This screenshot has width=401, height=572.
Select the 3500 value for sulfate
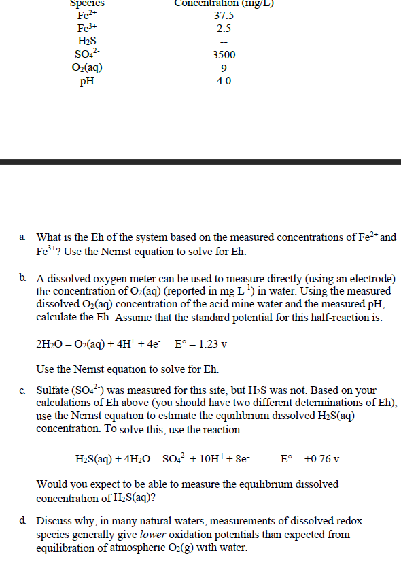point(224,55)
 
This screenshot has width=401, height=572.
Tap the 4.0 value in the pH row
point(224,81)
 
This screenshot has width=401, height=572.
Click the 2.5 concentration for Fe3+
point(224,29)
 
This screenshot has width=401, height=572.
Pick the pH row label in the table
point(87,81)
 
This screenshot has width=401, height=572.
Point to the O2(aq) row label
point(87,68)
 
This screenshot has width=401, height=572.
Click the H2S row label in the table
point(87,42)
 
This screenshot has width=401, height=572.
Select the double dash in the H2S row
point(224,42)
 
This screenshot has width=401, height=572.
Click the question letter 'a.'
point(22,238)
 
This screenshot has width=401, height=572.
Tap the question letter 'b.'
point(23,278)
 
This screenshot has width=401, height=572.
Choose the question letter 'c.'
point(22,390)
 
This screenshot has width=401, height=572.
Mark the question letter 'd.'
point(23,521)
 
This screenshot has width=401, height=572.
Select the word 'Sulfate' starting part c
point(54,390)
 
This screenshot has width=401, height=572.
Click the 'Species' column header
point(87,3)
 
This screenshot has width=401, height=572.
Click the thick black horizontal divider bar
point(201,162)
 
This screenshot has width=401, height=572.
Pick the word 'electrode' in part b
point(366,279)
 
